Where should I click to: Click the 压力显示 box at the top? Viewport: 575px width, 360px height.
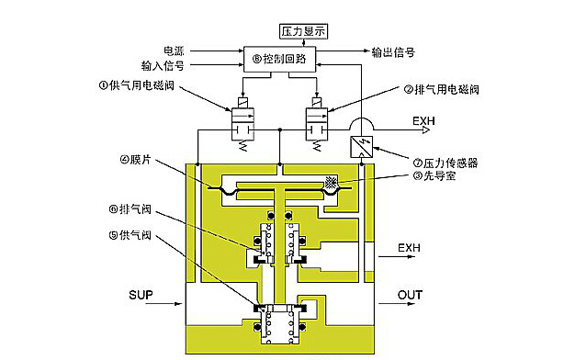coord(303,31)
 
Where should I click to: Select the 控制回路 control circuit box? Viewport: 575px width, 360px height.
coord(279,59)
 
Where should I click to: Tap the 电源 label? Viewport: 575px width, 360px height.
coord(174,51)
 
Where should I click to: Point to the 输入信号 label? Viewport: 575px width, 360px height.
coord(163,66)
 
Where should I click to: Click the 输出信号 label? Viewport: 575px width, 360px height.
coord(393,52)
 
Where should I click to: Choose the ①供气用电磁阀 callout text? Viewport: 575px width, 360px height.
coord(136,85)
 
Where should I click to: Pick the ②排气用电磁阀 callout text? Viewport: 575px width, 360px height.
coord(442,89)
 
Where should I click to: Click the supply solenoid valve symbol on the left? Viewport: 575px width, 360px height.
coord(242,124)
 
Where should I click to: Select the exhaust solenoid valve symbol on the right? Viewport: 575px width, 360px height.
coord(317,124)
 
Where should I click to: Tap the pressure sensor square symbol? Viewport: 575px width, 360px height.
coord(362,147)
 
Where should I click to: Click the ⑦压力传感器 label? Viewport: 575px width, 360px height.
coord(445,163)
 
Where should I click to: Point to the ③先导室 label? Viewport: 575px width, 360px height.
coord(434,176)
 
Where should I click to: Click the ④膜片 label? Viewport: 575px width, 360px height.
coord(135,160)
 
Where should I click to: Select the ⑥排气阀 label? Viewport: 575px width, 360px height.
coord(130,209)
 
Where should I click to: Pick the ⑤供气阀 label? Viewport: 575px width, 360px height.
coord(130,235)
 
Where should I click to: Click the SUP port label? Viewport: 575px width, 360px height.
coord(141,295)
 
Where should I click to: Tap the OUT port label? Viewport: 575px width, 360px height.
coord(410,295)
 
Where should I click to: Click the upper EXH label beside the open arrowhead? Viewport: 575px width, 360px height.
coord(423,121)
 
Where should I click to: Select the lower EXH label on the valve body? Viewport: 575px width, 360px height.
coord(409,248)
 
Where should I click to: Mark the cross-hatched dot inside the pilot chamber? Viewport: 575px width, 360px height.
coord(331,182)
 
